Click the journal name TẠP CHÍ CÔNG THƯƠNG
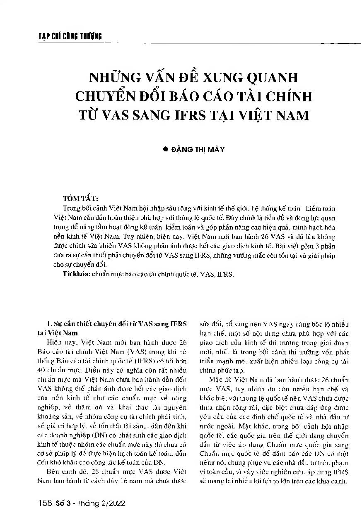point(67,36)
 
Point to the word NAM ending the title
point(292,115)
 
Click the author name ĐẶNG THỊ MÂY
point(198,150)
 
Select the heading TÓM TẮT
point(81,198)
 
